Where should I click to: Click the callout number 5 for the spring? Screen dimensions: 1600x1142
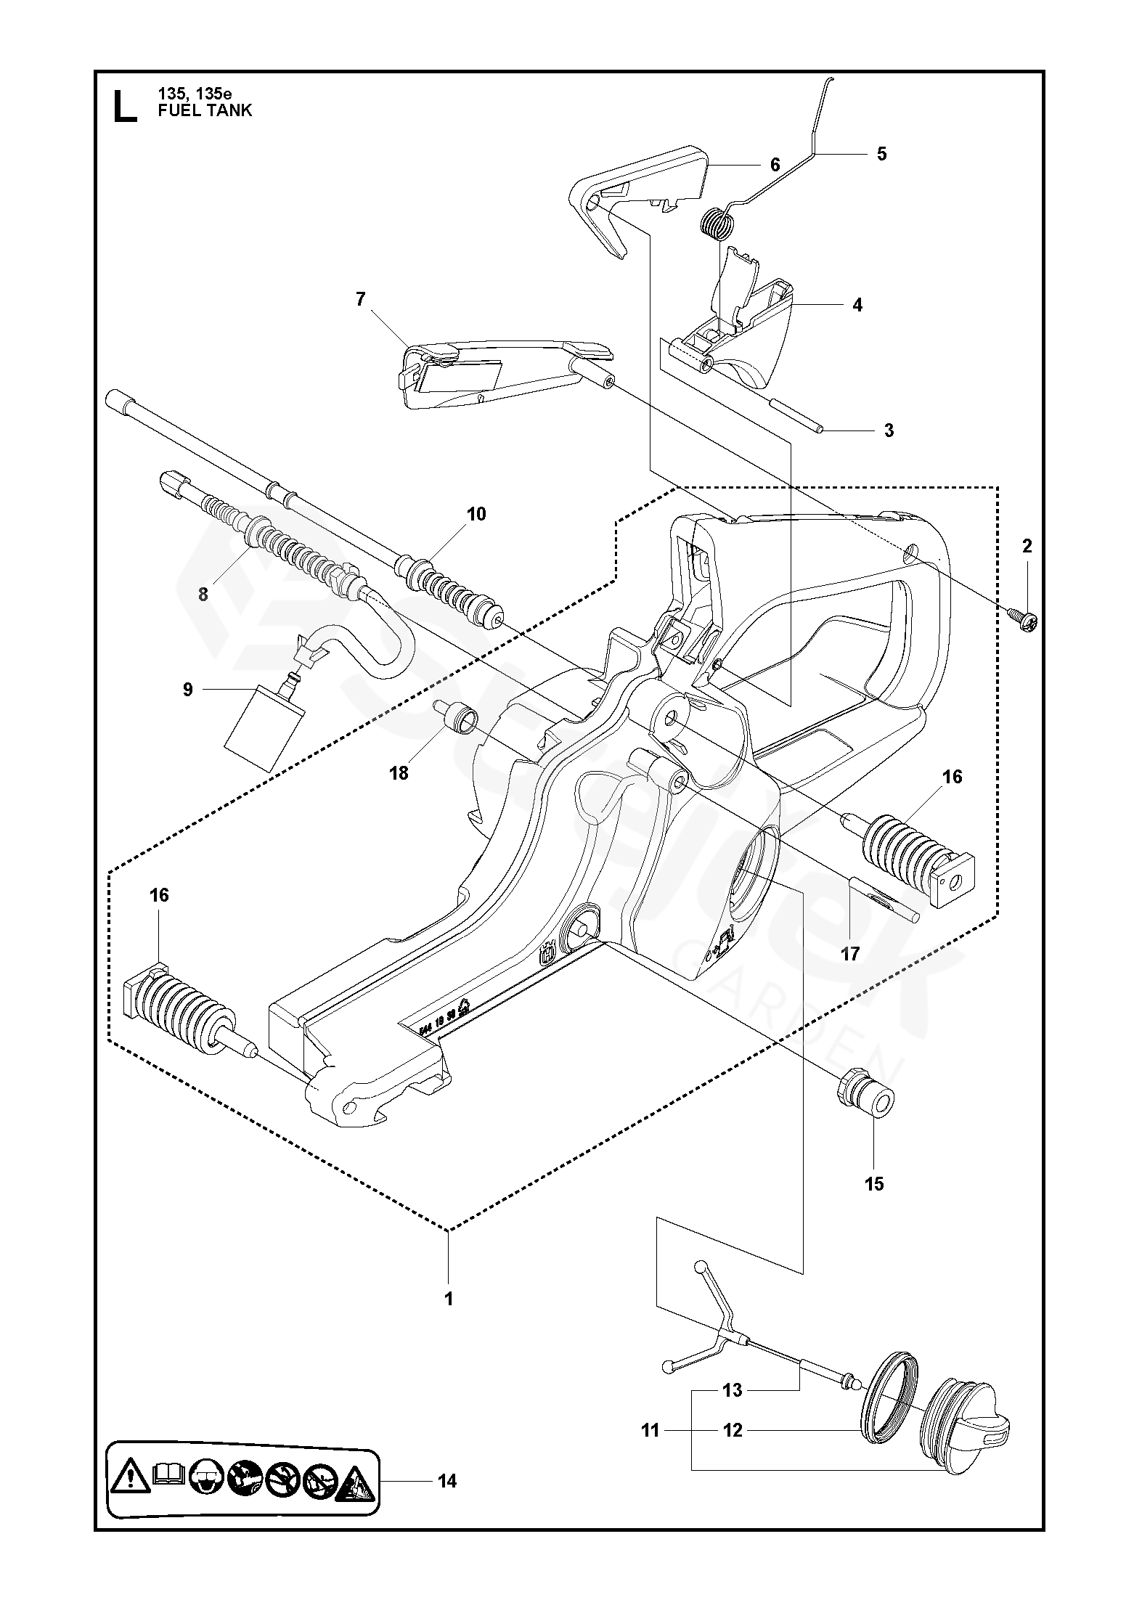pyautogui.click(x=881, y=154)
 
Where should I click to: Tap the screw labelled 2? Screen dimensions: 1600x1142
pyautogui.click(x=1027, y=618)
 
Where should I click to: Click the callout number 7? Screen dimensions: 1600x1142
pyautogui.click(x=361, y=299)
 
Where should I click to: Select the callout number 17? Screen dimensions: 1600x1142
pyautogui.click(x=849, y=953)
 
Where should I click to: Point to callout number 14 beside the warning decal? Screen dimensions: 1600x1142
pyautogui.click(x=448, y=1481)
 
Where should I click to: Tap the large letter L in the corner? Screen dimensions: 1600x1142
pyautogui.click(x=124, y=107)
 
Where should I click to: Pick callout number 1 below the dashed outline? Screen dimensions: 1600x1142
pyautogui.click(x=449, y=1299)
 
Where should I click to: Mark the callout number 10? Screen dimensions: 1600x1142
pyautogui.click(x=476, y=514)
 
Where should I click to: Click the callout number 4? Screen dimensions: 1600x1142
pyautogui.click(x=857, y=306)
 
